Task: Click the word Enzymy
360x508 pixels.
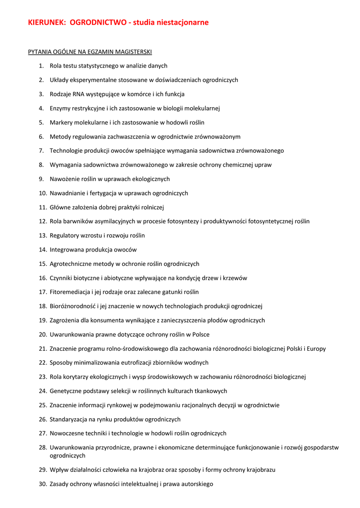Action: pyautogui.click(x=61, y=108)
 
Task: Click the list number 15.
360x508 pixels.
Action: pyautogui.click(x=42, y=264)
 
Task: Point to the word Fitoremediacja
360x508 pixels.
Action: pyautogui.click(x=70, y=292)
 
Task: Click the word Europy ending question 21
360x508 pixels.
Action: pyautogui.click(x=316, y=349)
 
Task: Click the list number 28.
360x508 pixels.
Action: pyautogui.click(x=42, y=447)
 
